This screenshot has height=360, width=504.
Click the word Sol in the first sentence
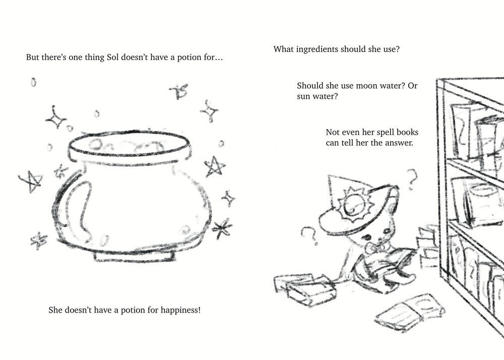click(x=113, y=57)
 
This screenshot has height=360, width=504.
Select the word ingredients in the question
click(x=317, y=49)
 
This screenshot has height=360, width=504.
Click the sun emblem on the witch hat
click(x=353, y=205)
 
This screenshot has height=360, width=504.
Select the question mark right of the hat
click(x=412, y=178)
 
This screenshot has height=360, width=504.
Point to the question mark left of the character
click(x=309, y=235)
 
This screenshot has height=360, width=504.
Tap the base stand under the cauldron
click(x=135, y=256)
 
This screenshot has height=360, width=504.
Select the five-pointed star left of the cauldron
click(x=31, y=181)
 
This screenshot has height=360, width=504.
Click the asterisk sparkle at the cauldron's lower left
click(x=39, y=240)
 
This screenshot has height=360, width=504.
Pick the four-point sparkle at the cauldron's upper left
click(x=56, y=117)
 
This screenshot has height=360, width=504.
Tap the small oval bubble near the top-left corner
click(x=33, y=83)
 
